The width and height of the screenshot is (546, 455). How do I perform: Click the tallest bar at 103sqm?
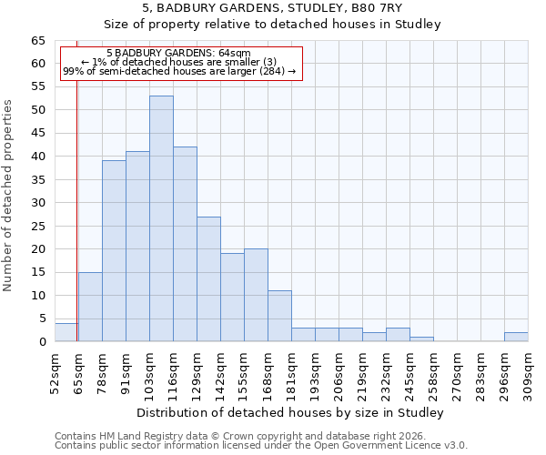coord(161,218)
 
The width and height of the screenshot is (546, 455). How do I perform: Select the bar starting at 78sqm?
coord(114,251)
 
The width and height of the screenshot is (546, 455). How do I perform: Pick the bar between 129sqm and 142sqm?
coord(208,278)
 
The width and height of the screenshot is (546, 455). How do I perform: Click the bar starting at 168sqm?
coord(279,316)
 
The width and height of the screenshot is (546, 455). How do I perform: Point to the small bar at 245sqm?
coord(421,339)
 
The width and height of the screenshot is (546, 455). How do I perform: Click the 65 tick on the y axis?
coord(37,41)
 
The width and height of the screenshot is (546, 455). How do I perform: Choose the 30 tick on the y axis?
coord(37,203)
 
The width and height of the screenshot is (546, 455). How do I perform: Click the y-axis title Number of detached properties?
coord(9,196)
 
